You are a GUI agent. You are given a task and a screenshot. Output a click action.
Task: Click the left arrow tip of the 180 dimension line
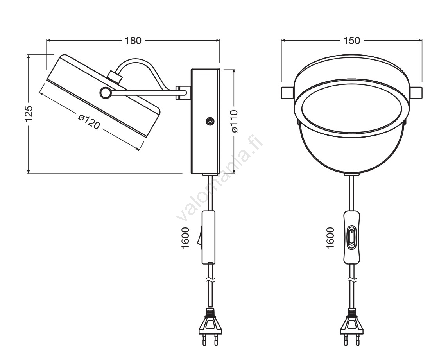47,41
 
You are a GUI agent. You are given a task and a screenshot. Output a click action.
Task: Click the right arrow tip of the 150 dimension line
422,41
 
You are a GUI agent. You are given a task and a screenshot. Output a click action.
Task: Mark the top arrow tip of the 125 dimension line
29,55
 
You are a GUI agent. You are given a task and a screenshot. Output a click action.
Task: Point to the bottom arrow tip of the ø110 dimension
233,173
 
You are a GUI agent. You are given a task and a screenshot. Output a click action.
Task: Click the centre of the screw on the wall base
210,122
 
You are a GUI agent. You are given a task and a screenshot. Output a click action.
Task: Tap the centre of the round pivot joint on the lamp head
106,93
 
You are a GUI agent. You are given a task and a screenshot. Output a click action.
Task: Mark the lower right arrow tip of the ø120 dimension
139,150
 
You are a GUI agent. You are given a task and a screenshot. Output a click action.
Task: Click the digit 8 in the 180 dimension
133,41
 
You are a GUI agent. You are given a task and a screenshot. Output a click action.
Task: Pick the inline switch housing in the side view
208,237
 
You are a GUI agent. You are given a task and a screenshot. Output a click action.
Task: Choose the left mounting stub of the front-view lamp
287,93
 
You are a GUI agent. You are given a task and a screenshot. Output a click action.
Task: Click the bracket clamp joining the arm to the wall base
183,93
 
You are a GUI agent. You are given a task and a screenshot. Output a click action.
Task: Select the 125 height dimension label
29,114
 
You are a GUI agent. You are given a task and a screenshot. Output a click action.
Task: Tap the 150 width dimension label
352,41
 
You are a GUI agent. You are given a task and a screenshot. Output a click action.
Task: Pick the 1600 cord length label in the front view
330,238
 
